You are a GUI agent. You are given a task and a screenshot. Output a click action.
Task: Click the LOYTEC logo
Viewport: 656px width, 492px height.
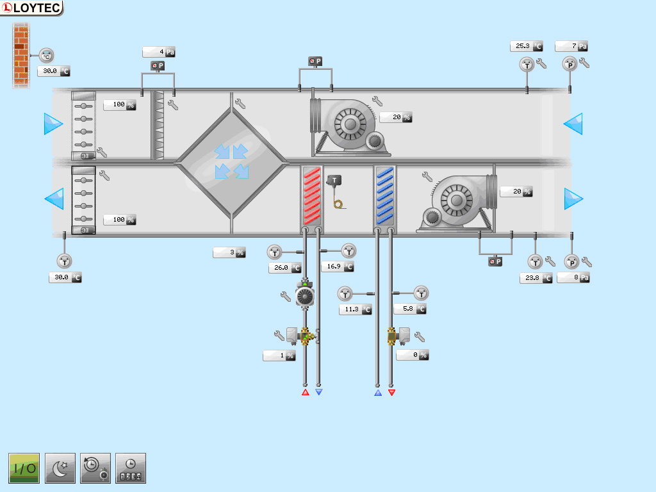[31, 8]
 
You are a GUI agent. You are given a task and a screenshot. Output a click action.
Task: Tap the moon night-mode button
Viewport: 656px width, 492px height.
[60, 468]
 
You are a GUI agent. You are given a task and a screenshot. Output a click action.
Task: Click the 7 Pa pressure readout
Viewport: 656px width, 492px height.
[571, 46]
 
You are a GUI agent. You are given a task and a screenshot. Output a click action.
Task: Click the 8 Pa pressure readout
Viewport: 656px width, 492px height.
[573, 277]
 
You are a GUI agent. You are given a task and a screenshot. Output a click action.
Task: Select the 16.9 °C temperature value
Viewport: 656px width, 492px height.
[338, 266]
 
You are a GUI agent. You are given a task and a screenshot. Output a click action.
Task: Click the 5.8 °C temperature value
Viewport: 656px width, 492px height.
[410, 309]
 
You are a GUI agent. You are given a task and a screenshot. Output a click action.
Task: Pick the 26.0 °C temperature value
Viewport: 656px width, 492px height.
[284, 268]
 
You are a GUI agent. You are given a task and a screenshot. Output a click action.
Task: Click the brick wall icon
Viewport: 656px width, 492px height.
[21, 54]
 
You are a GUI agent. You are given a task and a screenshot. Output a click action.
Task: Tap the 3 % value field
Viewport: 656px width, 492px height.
[229, 252]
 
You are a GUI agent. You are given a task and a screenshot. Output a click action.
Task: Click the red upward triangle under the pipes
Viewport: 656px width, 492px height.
[306, 392]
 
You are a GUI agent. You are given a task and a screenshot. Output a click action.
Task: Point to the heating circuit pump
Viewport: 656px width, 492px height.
[305, 296]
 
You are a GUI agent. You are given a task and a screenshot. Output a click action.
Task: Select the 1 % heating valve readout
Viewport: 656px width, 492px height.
[279, 356]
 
